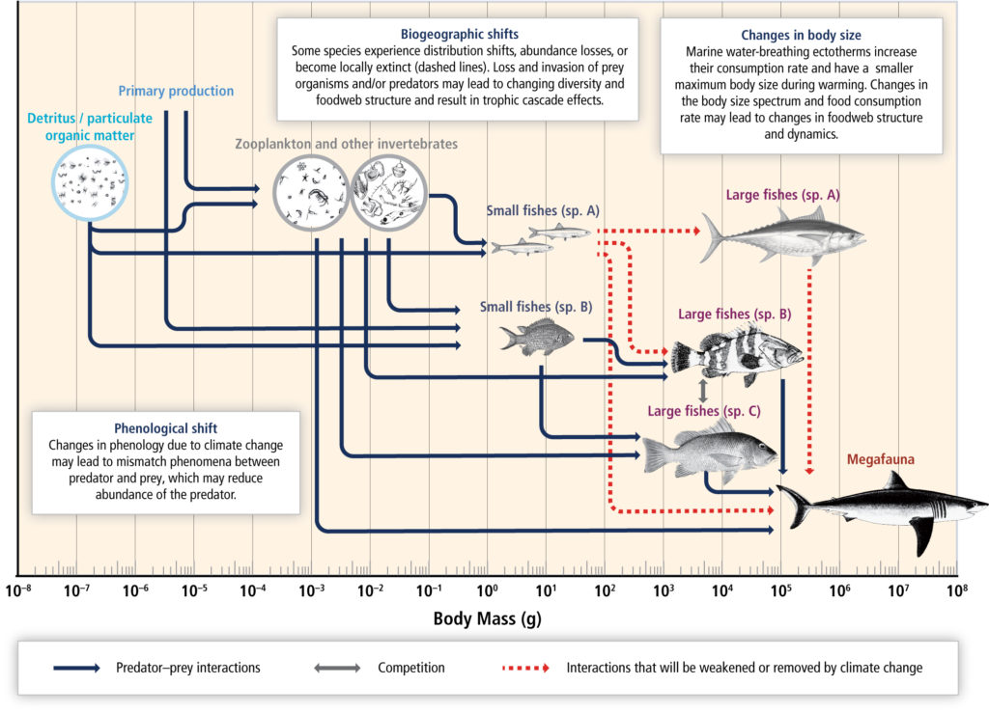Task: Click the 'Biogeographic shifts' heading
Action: (459, 34)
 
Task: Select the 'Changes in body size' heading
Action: (801, 36)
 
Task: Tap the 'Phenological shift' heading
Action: (165, 428)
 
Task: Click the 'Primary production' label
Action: (176, 91)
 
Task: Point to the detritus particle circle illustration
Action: (90, 183)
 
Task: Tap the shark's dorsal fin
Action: (894, 481)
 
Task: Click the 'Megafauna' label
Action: (881, 459)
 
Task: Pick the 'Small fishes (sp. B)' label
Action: (535, 307)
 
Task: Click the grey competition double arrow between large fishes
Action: (703, 391)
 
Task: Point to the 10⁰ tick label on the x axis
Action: (487, 590)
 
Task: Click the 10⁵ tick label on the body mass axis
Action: (780, 590)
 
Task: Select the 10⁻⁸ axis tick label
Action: (18, 590)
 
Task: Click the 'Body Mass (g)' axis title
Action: (487, 618)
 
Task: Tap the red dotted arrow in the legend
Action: (525, 668)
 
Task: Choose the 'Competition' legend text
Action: (411, 668)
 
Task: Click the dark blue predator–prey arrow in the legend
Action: (76, 668)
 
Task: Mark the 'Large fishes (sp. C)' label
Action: (704, 411)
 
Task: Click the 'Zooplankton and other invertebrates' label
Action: (347, 144)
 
